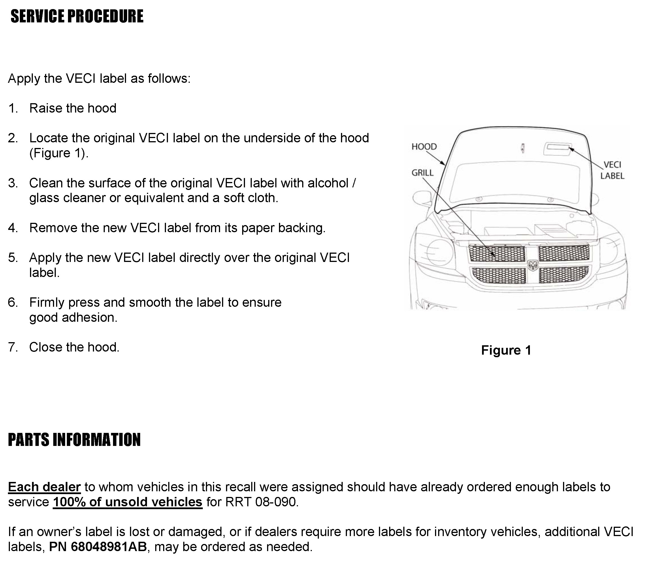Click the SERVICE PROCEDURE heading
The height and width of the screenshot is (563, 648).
77,16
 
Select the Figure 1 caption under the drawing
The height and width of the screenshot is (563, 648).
506,350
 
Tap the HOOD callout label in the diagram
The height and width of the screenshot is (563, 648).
424,147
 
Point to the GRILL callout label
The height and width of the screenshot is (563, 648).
422,173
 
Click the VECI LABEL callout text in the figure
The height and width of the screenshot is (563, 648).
612,170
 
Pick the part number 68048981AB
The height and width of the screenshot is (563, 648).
108,547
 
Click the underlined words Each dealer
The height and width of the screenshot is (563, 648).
44,487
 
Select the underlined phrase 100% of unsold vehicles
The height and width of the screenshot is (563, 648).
127,502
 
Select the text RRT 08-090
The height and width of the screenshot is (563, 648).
260,502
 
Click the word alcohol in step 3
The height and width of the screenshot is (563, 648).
328,183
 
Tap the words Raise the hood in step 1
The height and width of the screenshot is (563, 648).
73,108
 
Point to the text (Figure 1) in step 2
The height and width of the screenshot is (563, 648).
58,153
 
